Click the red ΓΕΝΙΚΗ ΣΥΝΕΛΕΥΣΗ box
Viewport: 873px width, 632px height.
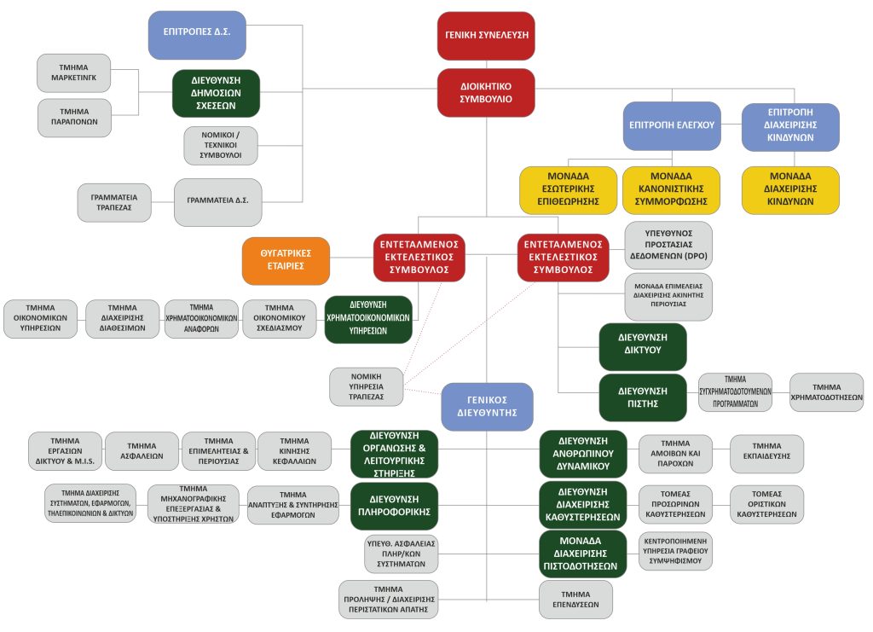[x=486, y=36]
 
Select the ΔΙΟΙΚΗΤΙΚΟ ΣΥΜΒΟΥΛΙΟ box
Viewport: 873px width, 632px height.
[x=486, y=93]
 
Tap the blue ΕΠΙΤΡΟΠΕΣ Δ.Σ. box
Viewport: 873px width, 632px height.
[x=197, y=35]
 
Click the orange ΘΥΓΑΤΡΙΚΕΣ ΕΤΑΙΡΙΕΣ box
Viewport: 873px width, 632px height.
[x=286, y=261]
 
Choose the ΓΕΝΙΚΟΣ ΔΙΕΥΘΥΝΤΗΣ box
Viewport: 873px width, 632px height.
[x=487, y=407]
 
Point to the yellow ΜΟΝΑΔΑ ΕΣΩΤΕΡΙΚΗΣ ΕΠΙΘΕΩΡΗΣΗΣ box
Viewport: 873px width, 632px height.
[x=569, y=190]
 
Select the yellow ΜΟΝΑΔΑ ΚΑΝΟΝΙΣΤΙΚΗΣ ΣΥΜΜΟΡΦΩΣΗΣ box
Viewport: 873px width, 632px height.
[x=672, y=190]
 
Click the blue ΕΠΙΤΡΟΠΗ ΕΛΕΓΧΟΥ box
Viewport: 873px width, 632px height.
[x=672, y=126]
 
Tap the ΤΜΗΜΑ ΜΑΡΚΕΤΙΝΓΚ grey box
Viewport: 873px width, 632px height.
[x=74, y=73]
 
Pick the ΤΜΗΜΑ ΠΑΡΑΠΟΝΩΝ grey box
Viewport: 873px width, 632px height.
[x=75, y=118]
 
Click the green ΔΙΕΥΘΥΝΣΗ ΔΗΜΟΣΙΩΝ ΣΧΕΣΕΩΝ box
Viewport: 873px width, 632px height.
[x=216, y=94]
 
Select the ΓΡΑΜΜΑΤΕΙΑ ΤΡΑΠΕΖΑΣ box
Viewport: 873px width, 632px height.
[x=114, y=203]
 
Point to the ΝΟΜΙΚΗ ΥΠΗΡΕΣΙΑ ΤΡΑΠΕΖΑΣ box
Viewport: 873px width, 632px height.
[x=367, y=387]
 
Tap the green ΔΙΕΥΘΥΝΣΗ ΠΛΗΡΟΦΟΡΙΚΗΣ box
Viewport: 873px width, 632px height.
[x=394, y=506]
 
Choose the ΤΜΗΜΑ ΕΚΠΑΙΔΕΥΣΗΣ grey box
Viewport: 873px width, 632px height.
[x=766, y=454]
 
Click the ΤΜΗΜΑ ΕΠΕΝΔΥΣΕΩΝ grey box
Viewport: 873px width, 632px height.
[x=575, y=600]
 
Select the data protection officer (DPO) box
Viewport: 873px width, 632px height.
[x=668, y=245]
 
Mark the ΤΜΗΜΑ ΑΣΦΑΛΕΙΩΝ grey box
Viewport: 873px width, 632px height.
[x=142, y=451]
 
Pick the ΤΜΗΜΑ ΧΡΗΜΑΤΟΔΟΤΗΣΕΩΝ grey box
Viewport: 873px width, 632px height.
[x=827, y=392]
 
